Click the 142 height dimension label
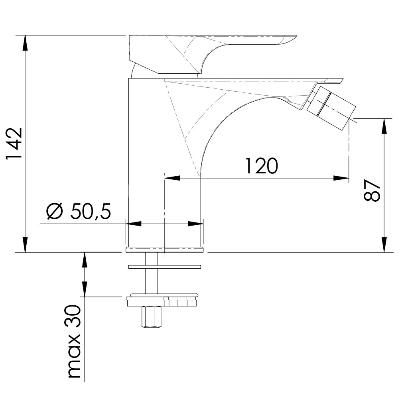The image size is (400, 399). click(14, 143)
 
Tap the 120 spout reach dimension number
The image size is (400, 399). click(261, 166)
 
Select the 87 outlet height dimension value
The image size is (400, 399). click(372, 191)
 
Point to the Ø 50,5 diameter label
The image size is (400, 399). click(79, 211)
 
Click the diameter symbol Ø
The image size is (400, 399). click(54, 211)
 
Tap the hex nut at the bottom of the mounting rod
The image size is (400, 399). click(151, 317)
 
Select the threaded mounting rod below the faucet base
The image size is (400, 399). click(151, 273)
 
